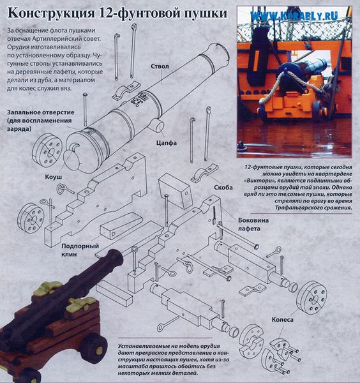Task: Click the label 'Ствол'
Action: coord(160,66)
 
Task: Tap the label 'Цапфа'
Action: coord(167,142)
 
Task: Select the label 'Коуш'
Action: coord(53,177)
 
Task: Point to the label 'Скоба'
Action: coord(223,187)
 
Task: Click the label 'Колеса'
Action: coord(282,320)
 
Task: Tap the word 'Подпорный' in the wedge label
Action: coord(80,246)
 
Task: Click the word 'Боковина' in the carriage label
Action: coord(253,220)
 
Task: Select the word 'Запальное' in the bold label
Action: coord(24,112)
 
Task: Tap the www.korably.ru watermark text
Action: coord(294,16)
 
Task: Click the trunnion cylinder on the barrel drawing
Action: coord(156,125)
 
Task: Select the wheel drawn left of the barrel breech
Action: coord(47,150)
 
